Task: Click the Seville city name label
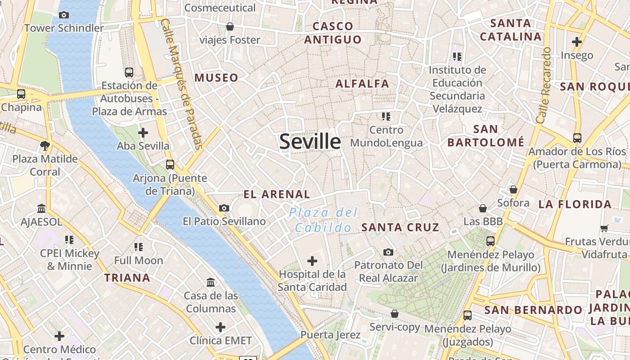click(x=310, y=141)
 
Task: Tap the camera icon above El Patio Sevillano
click(x=224, y=208)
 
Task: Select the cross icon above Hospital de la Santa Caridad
click(x=312, y=261)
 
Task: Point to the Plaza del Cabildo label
click(x=324, y=220)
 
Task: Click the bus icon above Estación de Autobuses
click(x=129, y=72)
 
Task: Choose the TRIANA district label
click(x=127, y=278)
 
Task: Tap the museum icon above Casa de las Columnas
click(x=211, y=283)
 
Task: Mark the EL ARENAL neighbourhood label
click(x=277, y=194)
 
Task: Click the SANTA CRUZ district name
click(x=400, y=227)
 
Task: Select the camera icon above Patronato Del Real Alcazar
click(x=388, y=252)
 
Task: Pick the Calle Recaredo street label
click(x=544, y=85)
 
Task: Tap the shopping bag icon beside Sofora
click(x=513, y=189)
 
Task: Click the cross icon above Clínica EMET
click(x=220, y=327)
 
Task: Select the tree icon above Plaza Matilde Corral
click(x=45, y=145)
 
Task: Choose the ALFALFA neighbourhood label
click(x=362, y=84)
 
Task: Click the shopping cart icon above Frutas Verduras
click(x=604, y=228)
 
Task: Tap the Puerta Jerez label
click(x=330, y=335)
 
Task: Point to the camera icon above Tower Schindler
click(x=63, y=15)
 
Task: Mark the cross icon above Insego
click(x=577, y=42)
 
